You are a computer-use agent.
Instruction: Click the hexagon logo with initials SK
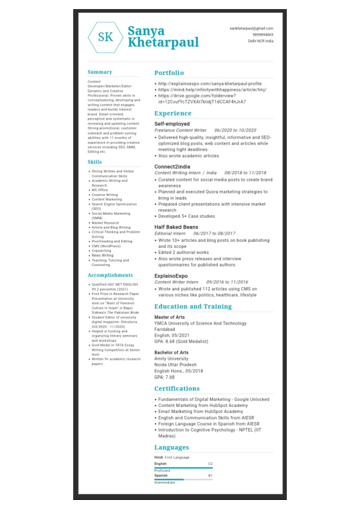click(105, 37)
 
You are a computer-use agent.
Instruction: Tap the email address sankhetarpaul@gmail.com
click(251, 28)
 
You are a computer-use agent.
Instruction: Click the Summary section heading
click(100, 72)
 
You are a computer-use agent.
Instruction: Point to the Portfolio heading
click(169, 73)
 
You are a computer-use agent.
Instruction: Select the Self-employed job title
click(172, 123)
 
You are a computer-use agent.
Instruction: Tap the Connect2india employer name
click(172, 166)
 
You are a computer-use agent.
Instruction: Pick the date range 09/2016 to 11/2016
click(227, 282)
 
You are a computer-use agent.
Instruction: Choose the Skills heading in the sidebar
click(94, 162)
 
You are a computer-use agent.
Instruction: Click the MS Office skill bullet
click(100, 190)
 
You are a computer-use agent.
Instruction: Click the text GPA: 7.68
click(164, 377)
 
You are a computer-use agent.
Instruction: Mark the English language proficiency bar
click(183, 467)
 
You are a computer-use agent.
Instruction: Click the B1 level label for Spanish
click(210, 475)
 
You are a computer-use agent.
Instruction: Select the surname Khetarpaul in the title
click(163, 43)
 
